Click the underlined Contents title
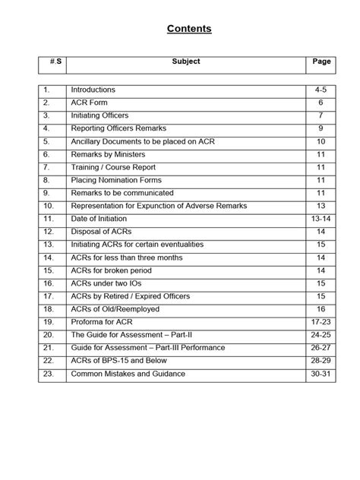tap(189, 29)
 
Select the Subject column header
tap(185, 62)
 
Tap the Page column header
tap(321, 62)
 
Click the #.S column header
tap(54, 62)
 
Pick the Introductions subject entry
tap(99, 90)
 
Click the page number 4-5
tap(321, 90)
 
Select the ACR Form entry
tap(90, 103)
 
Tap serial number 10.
tap(49, 206)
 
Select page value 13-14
tap(321, 219)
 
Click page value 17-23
tap(321, 322)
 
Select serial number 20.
tap(49, 335)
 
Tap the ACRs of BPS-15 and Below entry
tap(123, 361)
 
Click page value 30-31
tap(321, 374)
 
